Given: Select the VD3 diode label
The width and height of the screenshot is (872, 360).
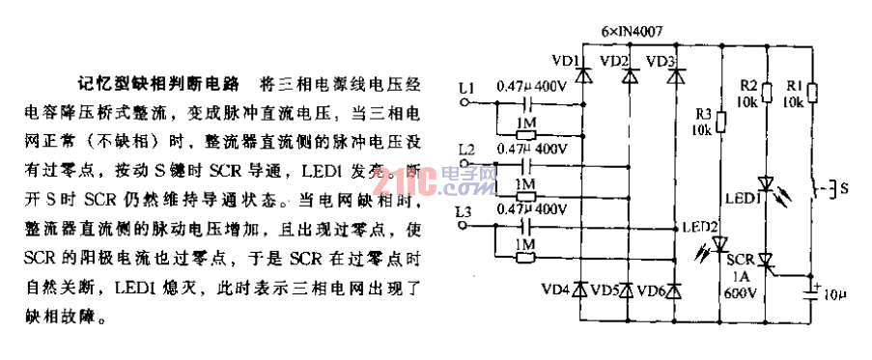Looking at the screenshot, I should [660, 62].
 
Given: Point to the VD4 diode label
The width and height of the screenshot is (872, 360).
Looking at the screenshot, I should [557, 290].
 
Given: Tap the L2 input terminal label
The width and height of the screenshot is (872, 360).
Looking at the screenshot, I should [468, 150].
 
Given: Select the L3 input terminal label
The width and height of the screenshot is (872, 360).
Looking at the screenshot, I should [468, 210].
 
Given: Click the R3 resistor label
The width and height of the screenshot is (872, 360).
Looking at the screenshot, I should [704, 113].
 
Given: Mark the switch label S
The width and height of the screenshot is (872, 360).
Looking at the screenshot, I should [844, 189].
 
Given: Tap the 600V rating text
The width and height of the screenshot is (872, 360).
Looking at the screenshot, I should [737, 292].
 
